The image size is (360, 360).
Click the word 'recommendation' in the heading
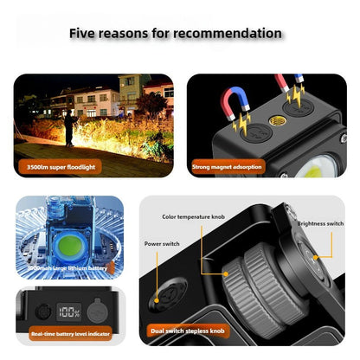click(228, 34)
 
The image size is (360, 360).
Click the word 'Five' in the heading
click(90, 34)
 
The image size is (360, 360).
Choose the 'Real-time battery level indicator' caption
click(69, 332)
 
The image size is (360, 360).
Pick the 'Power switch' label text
click(162, 244)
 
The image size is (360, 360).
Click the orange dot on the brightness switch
click(317, 257)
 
